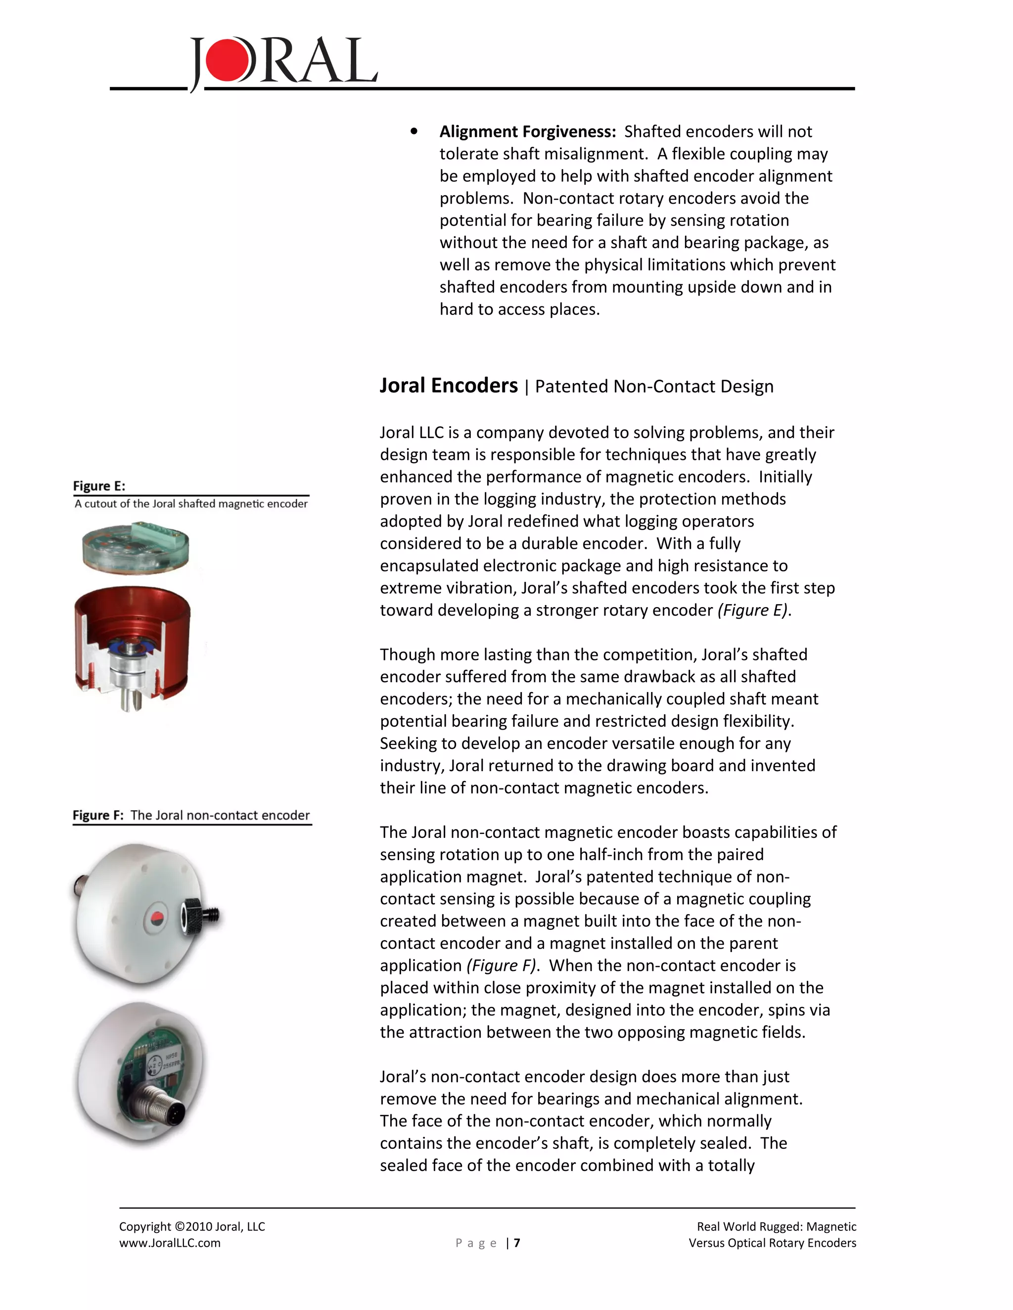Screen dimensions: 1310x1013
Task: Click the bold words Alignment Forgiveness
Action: (527, 131)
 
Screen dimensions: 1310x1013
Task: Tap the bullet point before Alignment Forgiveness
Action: (414, 131)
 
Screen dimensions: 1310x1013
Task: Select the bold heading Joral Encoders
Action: (448, 386)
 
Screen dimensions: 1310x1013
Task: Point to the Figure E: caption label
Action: (99, 486)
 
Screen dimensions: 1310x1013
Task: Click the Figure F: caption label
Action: (98, 815)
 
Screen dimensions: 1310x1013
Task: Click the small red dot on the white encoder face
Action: (155, 917)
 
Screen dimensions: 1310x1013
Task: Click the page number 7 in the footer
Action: (517, 1243)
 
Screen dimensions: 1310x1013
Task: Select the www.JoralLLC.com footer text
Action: (170, 1243)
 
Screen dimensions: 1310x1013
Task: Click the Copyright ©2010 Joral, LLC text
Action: (191, 1226)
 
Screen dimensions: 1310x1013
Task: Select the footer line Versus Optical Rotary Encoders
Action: (772, 1243)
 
